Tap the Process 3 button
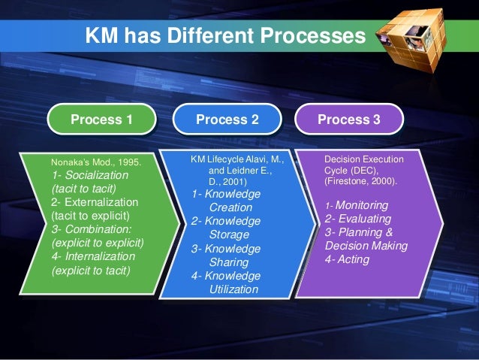point(349,119)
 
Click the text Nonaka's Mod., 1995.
point(95,161)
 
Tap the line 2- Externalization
point(95,203)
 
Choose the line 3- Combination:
point(91,230)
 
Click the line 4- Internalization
point(95,257)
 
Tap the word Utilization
point(233,289)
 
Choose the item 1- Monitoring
point(357,205)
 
